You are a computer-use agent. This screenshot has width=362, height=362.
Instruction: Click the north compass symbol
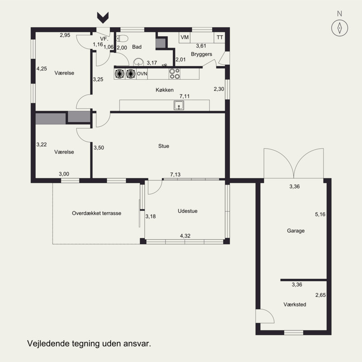339,28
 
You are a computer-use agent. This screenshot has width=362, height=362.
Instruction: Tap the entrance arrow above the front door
103,18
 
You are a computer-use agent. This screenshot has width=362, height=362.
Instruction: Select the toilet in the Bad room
122,38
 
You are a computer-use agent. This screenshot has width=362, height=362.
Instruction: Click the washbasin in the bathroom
138,62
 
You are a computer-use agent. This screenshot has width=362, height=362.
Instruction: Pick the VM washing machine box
185,38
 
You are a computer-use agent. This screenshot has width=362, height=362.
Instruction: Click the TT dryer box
219,38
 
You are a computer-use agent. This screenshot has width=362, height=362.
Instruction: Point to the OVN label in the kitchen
142,74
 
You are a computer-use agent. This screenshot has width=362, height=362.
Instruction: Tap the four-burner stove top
174,74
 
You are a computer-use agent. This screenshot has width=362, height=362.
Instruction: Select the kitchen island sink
179,105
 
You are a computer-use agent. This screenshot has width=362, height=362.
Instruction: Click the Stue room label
164,146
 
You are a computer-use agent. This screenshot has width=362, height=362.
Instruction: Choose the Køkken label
165,90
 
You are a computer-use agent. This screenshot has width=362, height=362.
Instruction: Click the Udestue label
187,211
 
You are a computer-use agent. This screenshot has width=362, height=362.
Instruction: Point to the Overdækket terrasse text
96,213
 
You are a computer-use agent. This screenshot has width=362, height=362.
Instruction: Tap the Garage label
296,231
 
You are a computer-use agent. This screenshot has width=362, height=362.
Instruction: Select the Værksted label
295,304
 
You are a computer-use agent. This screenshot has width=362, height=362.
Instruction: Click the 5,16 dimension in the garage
320,214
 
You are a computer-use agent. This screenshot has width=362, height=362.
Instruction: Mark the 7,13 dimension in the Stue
175,175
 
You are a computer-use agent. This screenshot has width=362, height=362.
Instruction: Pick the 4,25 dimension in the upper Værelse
42,69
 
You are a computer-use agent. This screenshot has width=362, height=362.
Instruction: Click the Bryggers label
201,54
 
